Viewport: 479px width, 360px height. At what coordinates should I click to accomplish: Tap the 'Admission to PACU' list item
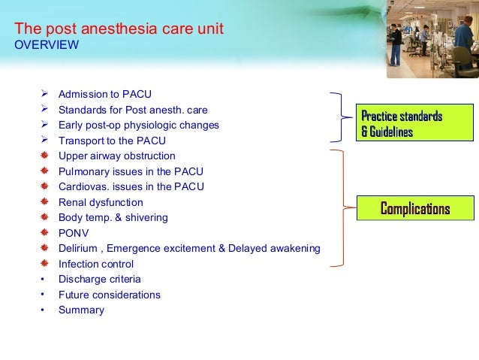pyautogui.click(x=105, y=94)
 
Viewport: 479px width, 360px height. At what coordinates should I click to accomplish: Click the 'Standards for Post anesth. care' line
pyautogui.click(x=133, y=110)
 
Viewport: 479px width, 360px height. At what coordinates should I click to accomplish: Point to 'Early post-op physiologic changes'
pyautogui.click(x=139, y=125)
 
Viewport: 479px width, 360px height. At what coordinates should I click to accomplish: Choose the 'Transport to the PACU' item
pyautogui.click(x=112, y=141)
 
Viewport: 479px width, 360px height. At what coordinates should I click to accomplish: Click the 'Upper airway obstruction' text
pyautogui.click(x=117, y=156)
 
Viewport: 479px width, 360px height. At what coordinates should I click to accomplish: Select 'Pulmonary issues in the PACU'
pyautogui.click(x=131, y=171)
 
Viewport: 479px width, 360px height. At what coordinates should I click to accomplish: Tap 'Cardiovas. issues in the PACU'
pyautogui.click(x=131, y=186)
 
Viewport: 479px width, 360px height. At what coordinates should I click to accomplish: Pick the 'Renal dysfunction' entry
pyautogui.click(x=101, y=202)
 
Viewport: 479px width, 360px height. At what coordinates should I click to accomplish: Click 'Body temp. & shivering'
pyautogui.click(x=113, y=217)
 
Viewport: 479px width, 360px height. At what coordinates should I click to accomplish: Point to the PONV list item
pyautogui.click(x=74, y=233)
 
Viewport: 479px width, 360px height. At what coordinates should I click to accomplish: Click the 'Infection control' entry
pyautogui.click(x=96, y=264)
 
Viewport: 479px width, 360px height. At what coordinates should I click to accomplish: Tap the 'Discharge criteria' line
pyautogui.click(x=99, y=279)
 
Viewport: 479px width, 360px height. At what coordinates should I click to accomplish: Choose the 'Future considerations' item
pyautogui.click(x=110, y=295)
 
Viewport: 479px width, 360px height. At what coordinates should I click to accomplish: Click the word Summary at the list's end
pyautogui.click(x=81, y=310)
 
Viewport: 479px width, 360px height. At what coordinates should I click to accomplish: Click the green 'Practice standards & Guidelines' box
pyautogui.click(x=414, y=124)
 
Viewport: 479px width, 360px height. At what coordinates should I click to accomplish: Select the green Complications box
pyautogui.click(x=414, y=207)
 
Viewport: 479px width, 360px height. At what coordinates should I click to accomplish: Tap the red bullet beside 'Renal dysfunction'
pyautogui.click(x=44, y=202)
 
